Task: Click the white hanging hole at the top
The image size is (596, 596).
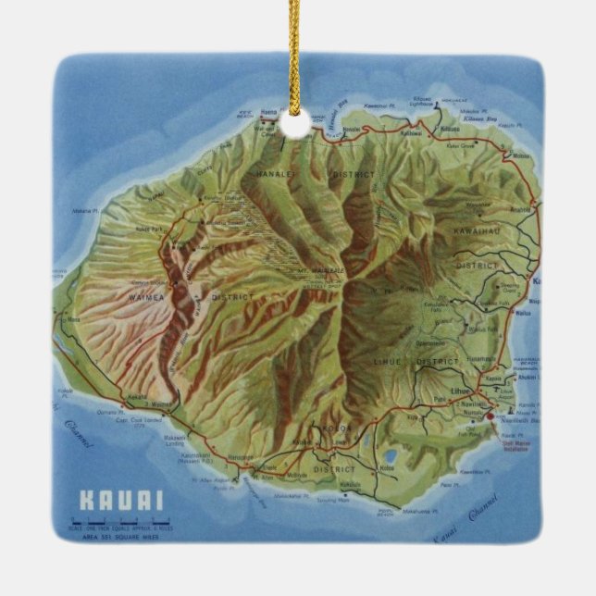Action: [294, 124]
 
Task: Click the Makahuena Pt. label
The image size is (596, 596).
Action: [418, 510]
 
